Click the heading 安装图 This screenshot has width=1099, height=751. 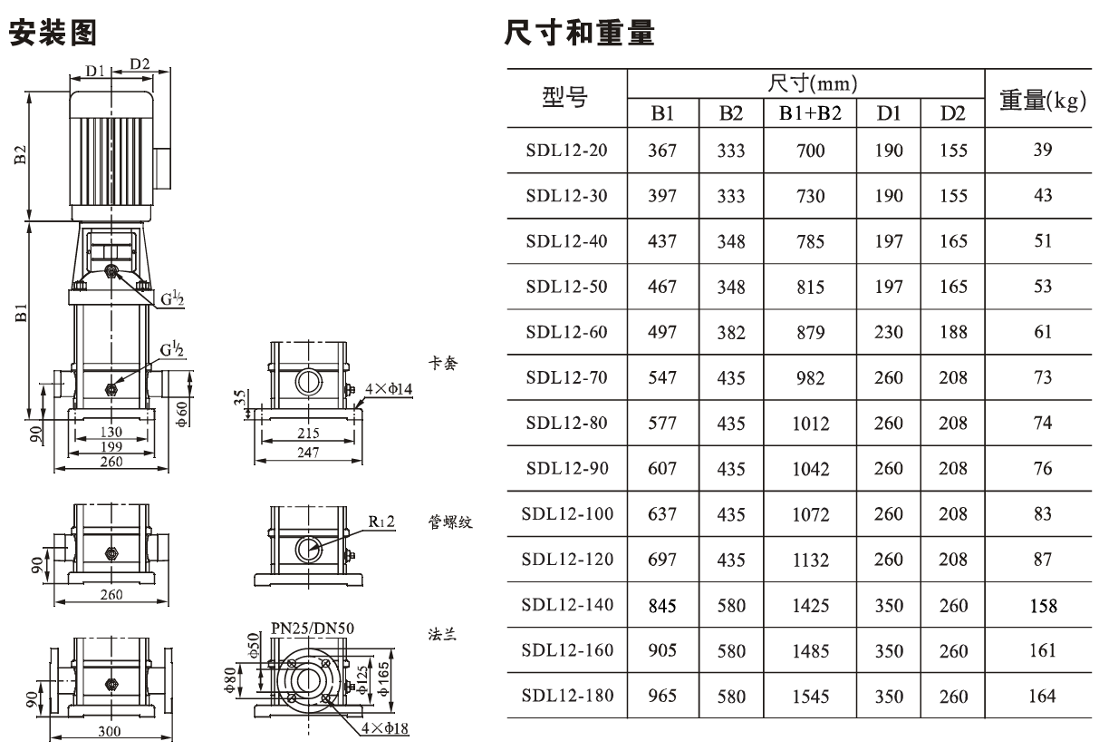point(53,33)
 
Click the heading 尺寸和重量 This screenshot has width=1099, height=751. point(580,33)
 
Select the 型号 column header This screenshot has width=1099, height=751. point(564,97)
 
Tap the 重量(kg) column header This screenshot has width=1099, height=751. point(1043,100)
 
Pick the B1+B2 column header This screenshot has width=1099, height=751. point(810,113)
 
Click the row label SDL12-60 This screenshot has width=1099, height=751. point(566,332)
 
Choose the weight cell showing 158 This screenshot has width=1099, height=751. point(1043,606)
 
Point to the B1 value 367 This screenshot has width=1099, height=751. point(662,151)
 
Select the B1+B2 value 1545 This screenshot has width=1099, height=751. point(811,697)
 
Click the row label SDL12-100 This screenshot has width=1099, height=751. point(567,513)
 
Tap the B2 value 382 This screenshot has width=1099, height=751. point(731,333)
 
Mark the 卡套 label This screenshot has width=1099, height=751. point(443,363)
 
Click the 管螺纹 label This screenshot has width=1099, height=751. point(450,522)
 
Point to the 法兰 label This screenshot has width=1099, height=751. point(442,634)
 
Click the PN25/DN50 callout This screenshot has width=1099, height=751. point(313,629)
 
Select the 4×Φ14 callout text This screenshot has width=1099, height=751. point(389,389)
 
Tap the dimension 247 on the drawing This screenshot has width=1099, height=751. point(308,453)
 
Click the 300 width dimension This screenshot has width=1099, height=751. point(110,731)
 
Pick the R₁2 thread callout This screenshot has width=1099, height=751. point(381,522)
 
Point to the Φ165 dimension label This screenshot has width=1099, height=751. point(383,678)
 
